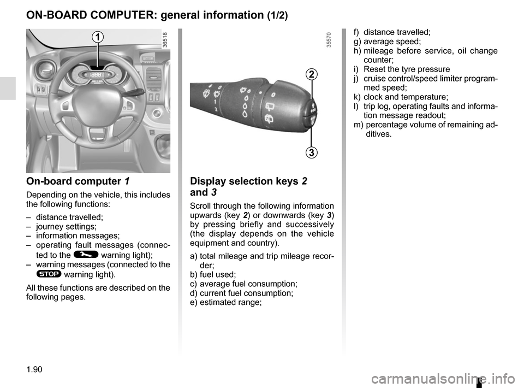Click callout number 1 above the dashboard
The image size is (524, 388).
[97, 37]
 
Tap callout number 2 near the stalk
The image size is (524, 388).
[311, 74]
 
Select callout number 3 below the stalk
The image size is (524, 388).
[311, 152]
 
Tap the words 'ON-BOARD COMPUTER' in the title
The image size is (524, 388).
[90, 15]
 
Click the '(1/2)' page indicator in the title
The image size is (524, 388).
[277, 16]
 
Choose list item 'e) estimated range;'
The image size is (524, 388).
[225, 302]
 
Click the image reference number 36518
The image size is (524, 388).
[165, 42]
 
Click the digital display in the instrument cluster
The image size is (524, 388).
[97, 75]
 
